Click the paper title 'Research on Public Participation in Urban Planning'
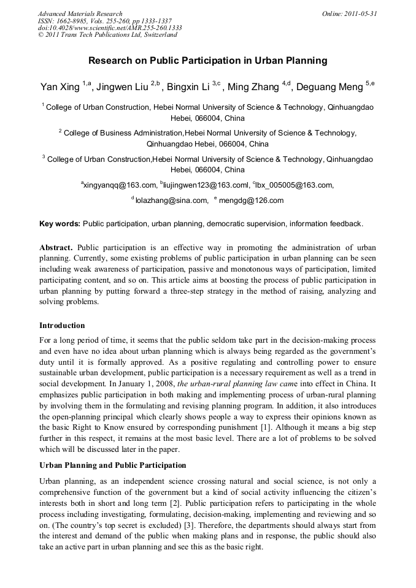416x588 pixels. pos(207,61)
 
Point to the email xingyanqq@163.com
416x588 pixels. pos(120,185)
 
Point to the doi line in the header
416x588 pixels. pos(110,28)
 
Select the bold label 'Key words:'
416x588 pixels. pos(60,224)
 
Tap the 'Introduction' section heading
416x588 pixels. pos(62,325)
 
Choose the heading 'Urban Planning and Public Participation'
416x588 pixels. pos(112,465)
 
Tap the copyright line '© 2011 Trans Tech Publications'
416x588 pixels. pos(107,35)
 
